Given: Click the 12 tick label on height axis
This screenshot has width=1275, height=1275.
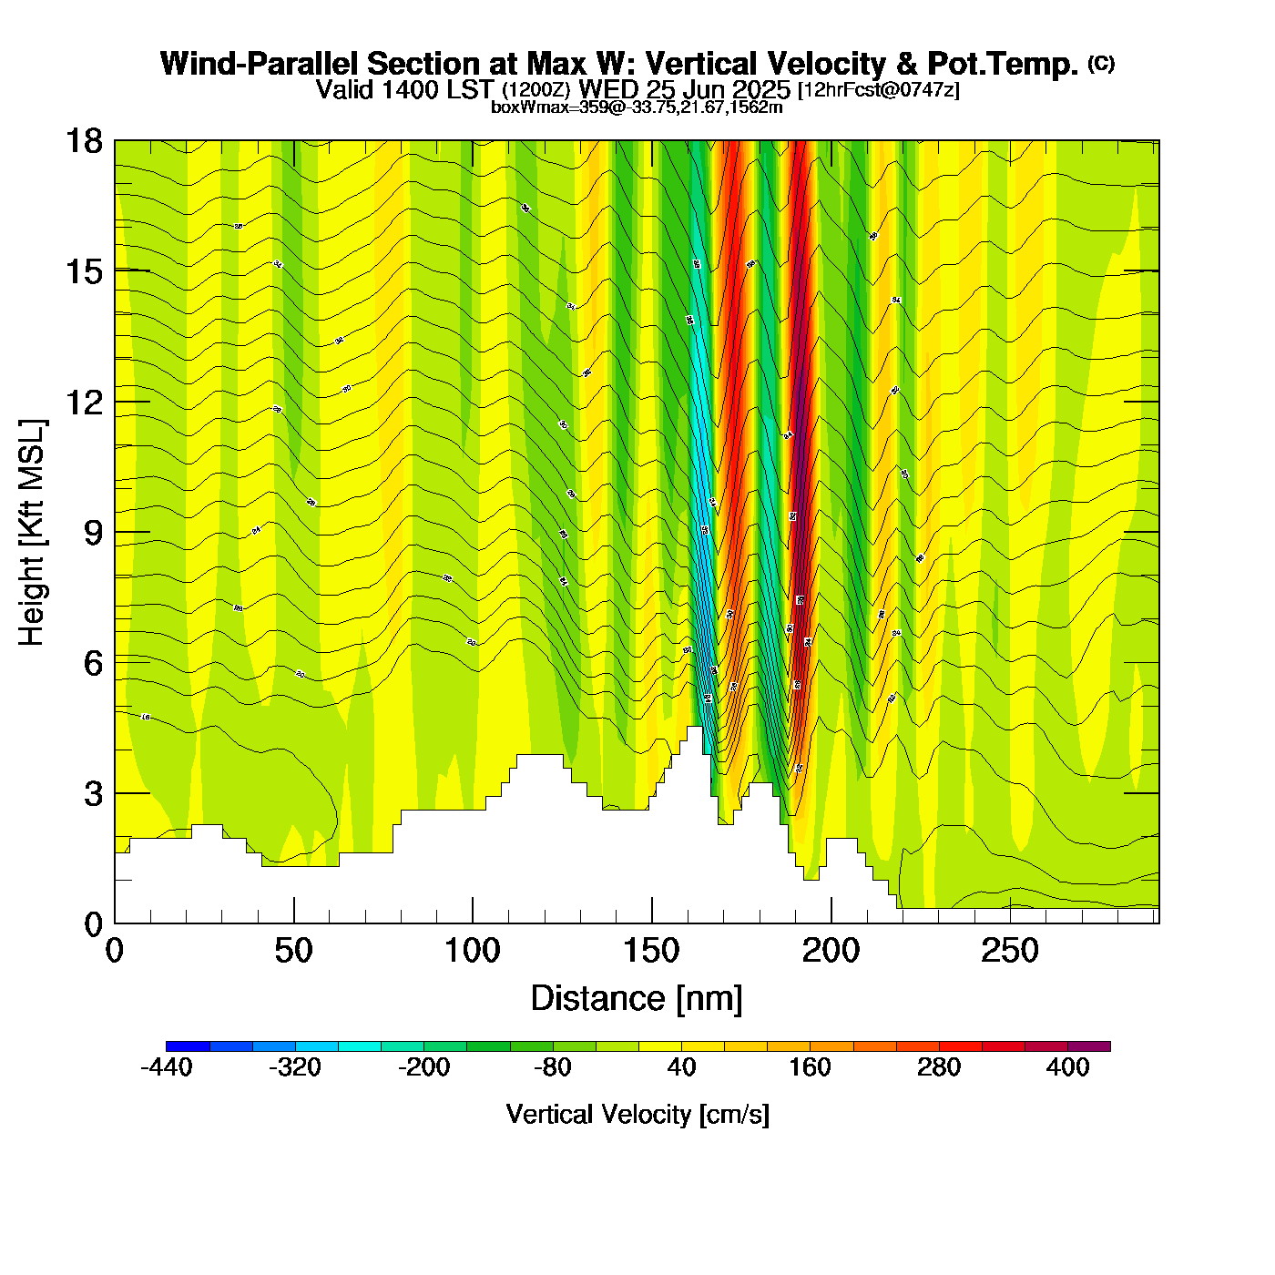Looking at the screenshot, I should (84, 402).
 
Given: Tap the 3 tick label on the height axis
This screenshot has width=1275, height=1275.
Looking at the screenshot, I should (93, 794).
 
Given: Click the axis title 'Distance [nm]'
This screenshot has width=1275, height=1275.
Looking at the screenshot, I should (637, 998).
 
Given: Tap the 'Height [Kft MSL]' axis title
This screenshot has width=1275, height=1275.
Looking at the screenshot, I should (32, 533).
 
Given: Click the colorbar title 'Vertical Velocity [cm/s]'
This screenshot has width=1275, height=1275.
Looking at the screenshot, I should (637, 1114).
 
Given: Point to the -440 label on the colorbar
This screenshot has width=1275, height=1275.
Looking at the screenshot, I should (167, 1067).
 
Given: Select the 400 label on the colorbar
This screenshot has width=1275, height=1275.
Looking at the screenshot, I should (1067, 1067).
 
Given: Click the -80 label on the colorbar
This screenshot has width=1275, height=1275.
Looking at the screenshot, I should (553, 1067).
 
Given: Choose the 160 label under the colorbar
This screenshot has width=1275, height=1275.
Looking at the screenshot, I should (810, 1067).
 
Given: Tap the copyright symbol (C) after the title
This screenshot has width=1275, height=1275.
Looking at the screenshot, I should (1101, 63).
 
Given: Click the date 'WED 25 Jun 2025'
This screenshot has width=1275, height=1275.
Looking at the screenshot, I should (685, 89).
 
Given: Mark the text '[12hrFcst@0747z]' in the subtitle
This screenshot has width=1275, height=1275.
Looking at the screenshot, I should (878, 90).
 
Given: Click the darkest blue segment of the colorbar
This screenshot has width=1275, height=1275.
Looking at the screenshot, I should (188, 1046).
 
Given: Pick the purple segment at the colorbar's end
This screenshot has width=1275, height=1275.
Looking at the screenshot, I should (1089, 1046).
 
